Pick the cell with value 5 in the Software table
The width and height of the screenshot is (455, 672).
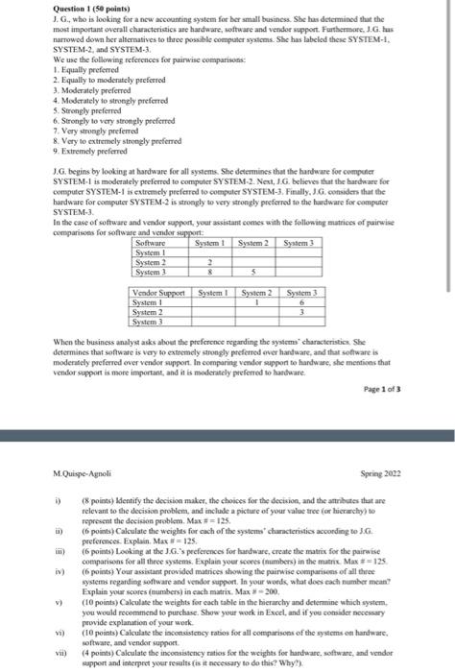(254, 272)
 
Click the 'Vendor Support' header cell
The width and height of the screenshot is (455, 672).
(158, 292)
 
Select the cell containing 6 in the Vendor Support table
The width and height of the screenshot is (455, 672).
(302, 301)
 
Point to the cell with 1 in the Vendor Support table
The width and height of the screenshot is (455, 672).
(256, 301)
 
